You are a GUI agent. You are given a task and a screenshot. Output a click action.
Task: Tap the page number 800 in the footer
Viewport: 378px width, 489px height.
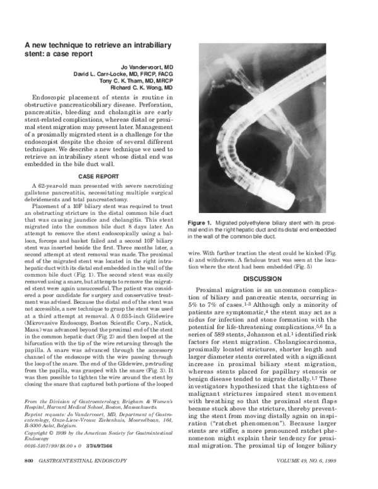(29, 478)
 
